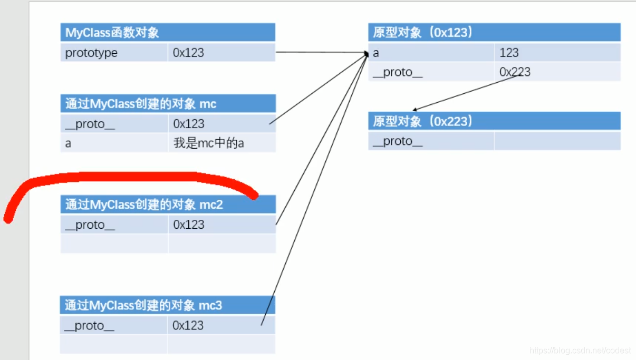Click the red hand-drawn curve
(x=132, y=177)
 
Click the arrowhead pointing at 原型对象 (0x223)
(x=415, y=110)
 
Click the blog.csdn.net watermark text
(x=580, y=351)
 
